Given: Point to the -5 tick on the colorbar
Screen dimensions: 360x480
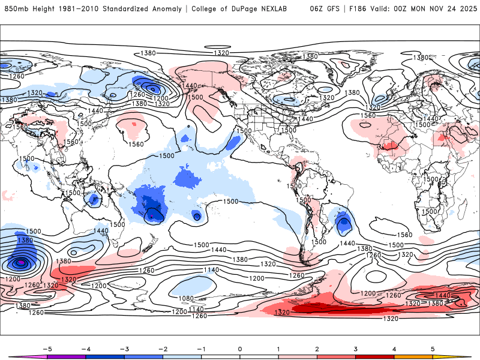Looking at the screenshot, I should (x=46, y=348).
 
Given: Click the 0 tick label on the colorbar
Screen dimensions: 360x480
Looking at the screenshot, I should (x=239, y=348).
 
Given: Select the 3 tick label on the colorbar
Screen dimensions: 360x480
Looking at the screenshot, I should (x=355, y=348).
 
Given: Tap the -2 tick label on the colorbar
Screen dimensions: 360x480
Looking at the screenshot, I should (x=163, y=348).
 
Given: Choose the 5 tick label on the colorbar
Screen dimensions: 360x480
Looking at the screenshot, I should (x=433, y=348).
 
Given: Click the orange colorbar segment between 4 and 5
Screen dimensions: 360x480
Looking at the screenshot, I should (x=413, y=356).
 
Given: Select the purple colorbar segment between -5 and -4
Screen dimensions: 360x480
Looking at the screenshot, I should (x=66, y=356).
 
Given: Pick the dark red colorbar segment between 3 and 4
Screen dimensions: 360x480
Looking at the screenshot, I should (x=374, y=356).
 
